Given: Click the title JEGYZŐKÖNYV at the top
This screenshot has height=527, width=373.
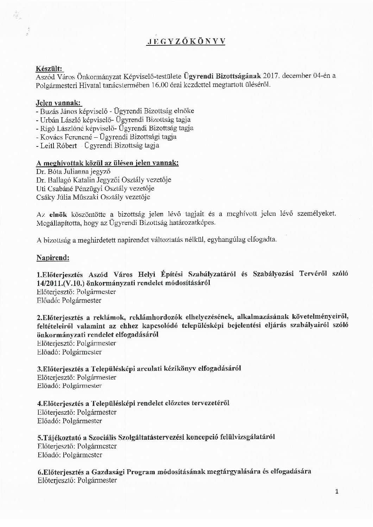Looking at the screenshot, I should (x=186, y=41).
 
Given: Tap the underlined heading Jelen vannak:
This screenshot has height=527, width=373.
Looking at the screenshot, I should (x=58, y=103).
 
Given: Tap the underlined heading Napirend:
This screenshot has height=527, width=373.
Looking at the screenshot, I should (x=52, y=258).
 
